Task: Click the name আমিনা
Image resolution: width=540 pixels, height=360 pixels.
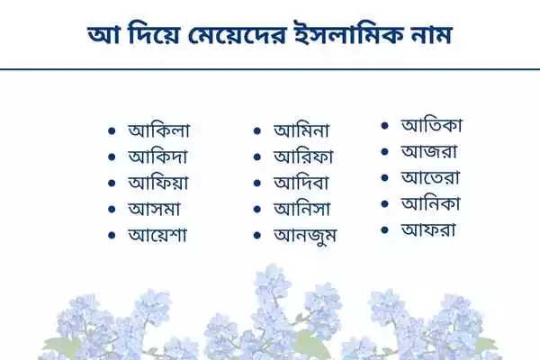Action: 307,130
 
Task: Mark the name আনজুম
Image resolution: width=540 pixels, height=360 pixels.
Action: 309,236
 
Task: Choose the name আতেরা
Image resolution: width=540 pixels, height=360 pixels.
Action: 428,177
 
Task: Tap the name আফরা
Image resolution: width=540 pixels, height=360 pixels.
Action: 427,229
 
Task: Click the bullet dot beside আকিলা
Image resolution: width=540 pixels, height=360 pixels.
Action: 112,131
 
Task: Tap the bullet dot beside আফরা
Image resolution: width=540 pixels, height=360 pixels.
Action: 384,230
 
